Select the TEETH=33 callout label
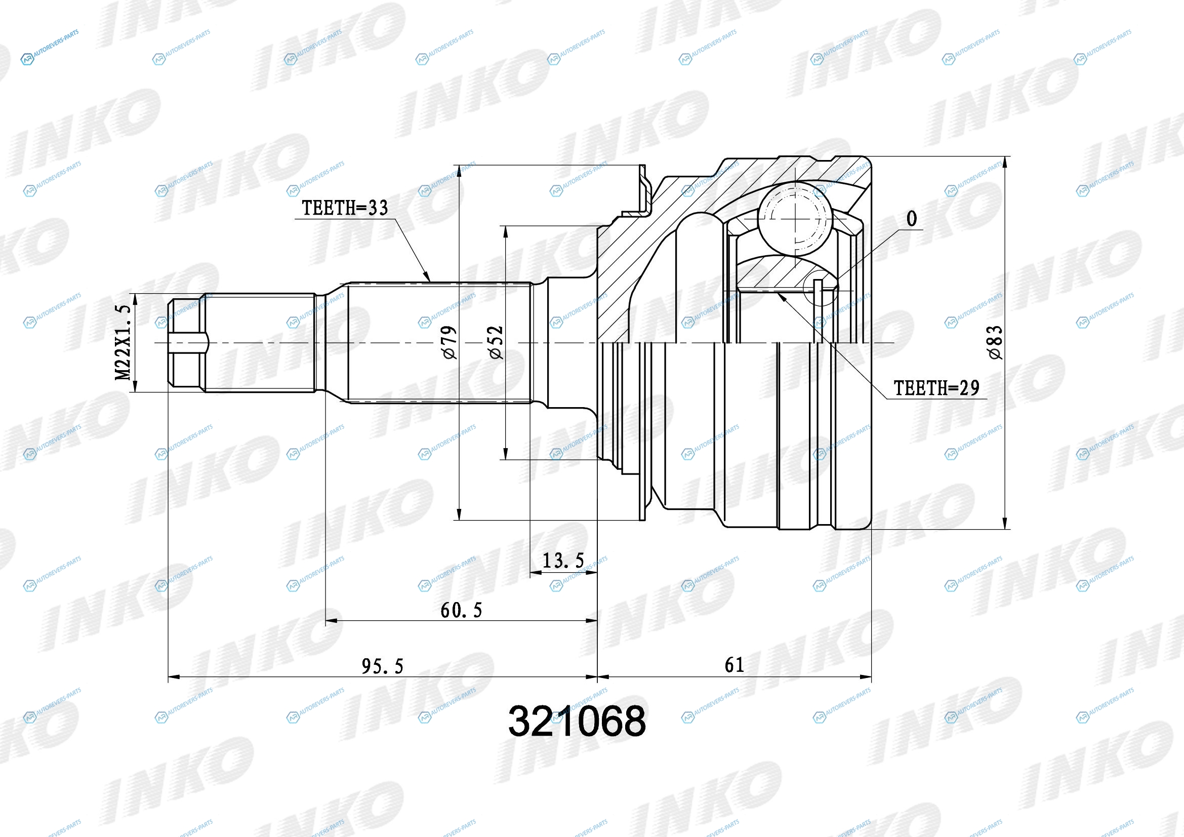pyautogui.click(x=345, y=208)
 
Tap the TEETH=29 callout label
pyautogui.click(x=936, y=388)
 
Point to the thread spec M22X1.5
pyautogui.click(x=123, y=342)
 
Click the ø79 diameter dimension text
pyautogui.click(x=449, y=342)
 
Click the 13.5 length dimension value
pyautogui.click(x=563, y=561)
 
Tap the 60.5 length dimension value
pyautogui.click(x=461, y=610)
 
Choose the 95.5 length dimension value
pyautogui.click(x=382, y=666)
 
